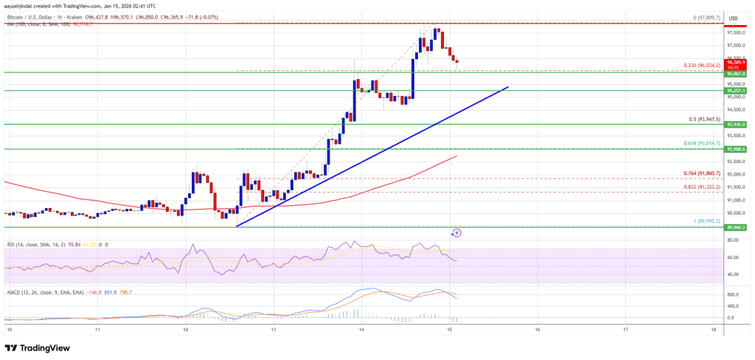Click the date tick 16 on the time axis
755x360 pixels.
click(x=537, y=329)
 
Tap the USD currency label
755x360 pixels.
click(x=734, y=17)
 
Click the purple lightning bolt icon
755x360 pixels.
click(x=456, y=233)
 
